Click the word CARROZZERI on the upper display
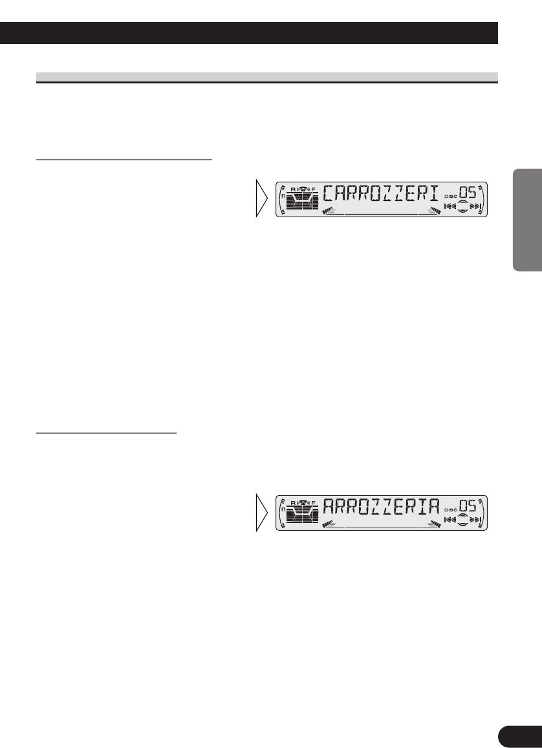point(381,194)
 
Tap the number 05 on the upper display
point(472,193)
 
